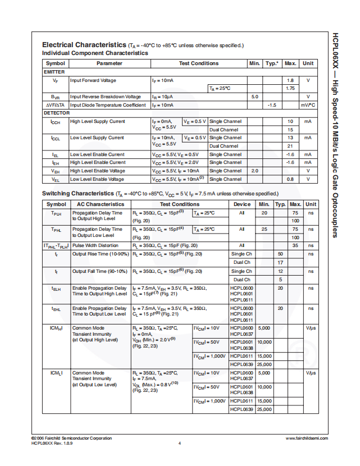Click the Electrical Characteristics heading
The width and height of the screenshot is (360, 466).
[84, 45]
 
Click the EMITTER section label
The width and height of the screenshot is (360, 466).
[54, 72]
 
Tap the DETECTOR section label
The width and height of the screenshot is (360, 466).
[57, 113]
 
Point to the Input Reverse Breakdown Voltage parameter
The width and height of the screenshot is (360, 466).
[106, 97]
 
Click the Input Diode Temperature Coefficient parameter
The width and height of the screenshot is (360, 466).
[108, 105]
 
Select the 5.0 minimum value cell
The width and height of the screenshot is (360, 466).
[254, 97]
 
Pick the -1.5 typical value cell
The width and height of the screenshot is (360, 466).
[272, 105]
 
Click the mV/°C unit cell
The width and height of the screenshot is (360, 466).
[308, 105]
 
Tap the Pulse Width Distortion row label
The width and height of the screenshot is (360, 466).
[95, 245]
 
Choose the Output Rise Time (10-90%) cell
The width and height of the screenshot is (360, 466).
[101, 254]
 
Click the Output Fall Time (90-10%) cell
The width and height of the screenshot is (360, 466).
[101, 271]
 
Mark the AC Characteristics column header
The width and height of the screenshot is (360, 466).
[93, 204]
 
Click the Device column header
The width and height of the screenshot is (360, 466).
[242, 204]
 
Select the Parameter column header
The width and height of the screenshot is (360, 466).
[109, 63]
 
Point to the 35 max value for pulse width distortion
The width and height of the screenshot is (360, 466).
[295, 245]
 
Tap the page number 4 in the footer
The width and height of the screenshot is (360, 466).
[179, 444]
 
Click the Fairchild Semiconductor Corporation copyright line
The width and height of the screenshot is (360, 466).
[71, 438]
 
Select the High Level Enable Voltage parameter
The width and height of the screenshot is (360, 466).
[97, 171]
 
